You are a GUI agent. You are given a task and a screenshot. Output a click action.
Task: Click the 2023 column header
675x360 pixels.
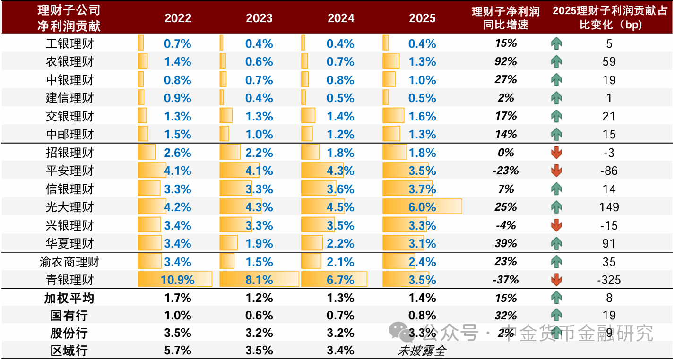(259, 18)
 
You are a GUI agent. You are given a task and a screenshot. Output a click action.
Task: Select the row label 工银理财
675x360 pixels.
(69, 44)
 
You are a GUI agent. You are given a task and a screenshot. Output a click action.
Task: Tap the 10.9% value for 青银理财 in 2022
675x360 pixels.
(177, 280)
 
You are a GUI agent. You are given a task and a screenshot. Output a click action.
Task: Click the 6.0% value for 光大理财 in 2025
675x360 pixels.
(422, 207)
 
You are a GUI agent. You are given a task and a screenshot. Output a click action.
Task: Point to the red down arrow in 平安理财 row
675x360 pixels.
(556, 171)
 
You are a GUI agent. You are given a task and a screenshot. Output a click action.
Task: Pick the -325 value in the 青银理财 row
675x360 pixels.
(609, 280)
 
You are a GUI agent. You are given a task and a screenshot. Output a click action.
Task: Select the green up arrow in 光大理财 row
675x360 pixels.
(556, 207)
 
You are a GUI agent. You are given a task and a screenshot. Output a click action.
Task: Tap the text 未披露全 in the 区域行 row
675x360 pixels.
(422, 351)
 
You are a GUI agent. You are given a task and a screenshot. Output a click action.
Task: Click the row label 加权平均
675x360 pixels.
(69, 298)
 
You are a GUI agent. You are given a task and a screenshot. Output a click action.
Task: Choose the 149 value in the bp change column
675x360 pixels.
(609, 207)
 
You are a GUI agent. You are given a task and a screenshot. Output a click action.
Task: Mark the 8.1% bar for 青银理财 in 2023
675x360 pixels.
(259, 280)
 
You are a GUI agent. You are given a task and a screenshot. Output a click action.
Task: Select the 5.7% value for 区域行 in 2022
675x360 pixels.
(177, 351)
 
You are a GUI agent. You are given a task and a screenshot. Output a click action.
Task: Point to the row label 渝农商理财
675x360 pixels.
(69, 262)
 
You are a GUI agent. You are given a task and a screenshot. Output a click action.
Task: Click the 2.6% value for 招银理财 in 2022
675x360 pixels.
(177, 153)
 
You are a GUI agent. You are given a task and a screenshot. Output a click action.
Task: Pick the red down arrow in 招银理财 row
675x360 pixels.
(556, 153)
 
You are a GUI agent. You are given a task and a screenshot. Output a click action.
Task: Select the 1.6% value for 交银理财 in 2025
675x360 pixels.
(422, 116)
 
